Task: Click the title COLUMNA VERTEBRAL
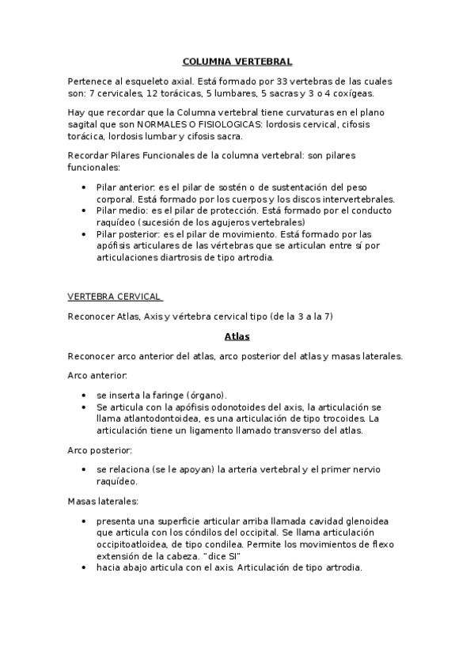pyautogui.click(x=237, y=61)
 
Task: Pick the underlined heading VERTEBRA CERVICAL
pyautogui.click(x=114, y=298)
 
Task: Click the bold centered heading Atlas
pyautogui.click(x=237, y=336)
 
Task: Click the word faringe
pyautogui.click(x=173, y=394)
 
